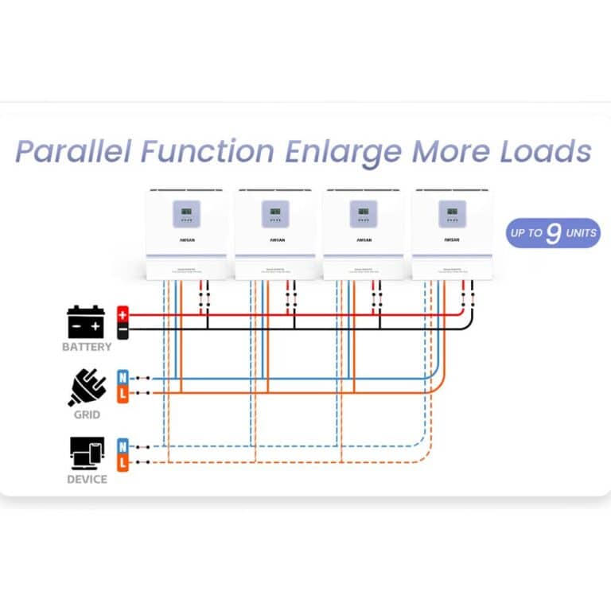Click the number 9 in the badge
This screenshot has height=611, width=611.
pos(554,234)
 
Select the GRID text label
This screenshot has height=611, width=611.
pos(87,414)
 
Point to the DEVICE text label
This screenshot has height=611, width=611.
pos(87,480)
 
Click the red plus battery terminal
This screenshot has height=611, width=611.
pos(123,313)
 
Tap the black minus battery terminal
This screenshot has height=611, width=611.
pos(123,329)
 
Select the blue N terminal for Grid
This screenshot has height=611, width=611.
pos(123,377)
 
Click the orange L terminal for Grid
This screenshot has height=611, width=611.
pos(123,393)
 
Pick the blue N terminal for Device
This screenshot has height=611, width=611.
pos(123,446)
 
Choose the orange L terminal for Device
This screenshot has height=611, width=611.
pos(123,461)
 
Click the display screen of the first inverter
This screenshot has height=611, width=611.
pos(186,213)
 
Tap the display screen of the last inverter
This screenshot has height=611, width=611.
pos(451,213)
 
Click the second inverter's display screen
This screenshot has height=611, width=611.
pos(274,213)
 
